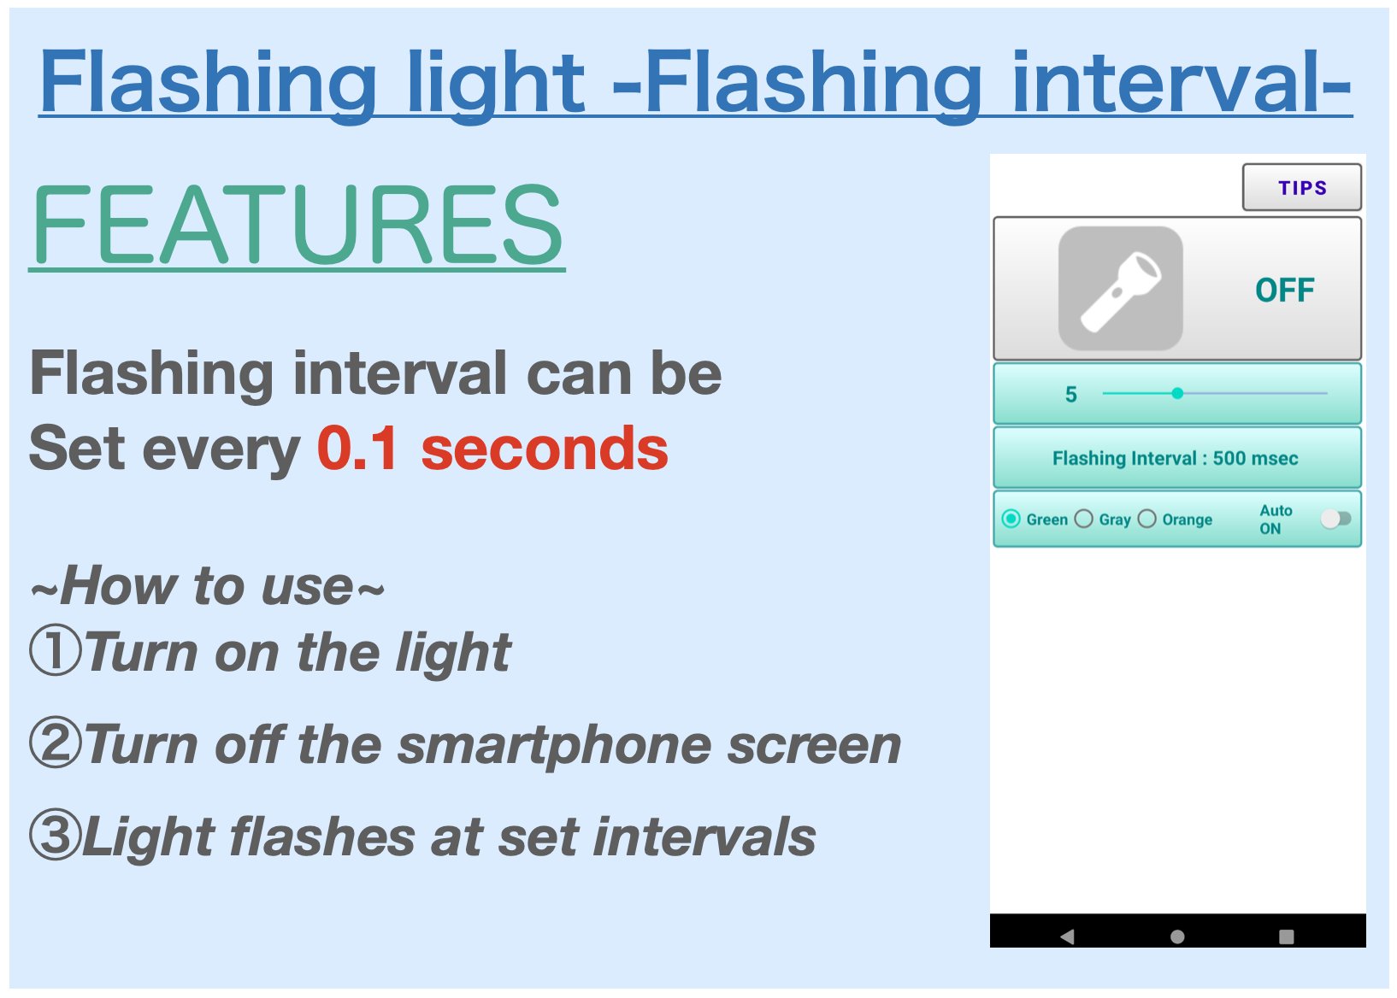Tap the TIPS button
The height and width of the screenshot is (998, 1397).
(1301, 187)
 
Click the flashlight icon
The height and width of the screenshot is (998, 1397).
(1120, 289)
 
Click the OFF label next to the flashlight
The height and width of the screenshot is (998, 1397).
(1284, 291)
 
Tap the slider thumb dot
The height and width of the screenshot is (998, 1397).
(1177, 393)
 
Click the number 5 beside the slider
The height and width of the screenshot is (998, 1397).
(1070, 395)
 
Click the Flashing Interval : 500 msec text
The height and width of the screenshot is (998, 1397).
(1175, 458)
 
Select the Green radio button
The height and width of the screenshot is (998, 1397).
(1011, 519)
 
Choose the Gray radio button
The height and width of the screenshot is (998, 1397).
(1083, 519)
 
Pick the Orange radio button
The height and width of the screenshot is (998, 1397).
(1147, 519)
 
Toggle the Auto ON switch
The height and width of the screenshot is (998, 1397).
(1335, 519)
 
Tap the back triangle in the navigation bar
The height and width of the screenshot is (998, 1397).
(1067, 936)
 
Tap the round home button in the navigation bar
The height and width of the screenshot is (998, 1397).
(1177, 936)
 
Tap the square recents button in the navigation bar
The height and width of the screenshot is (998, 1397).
(1287, 936)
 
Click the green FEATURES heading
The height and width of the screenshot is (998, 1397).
(297, 226)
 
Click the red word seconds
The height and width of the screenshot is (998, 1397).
(545, 449)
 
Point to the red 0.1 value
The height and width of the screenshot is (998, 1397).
(357, 449)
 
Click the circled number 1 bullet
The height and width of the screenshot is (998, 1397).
(56, 651)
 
